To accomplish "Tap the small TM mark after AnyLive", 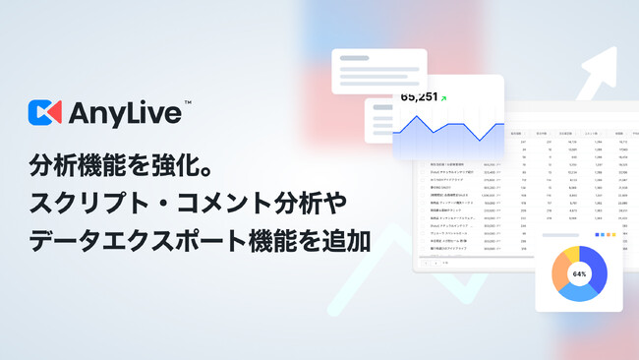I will (188, 103).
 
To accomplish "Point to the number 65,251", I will (418, 97).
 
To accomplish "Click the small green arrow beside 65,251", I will (444, 97).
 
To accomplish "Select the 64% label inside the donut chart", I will (579, 273).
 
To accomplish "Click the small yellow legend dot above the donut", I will (607, 234).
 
